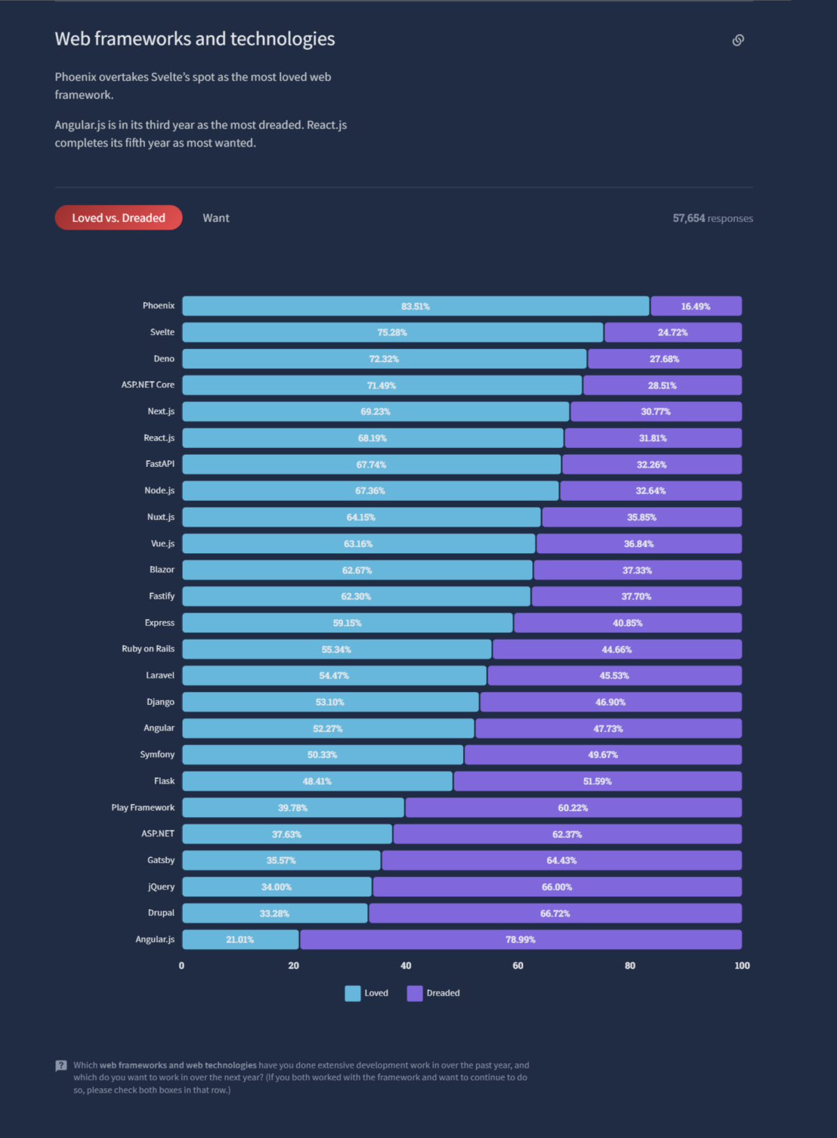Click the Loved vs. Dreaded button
[x=119, y=218]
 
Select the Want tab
[x=216, y=218]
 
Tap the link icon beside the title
[x=738, y=40]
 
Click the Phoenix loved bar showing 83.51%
[x=416, y=306]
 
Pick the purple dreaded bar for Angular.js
[x=520, y=940]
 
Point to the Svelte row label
[x=163, y=332]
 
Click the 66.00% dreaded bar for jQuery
[x=557, y=887]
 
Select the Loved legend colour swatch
[x=353, y=993]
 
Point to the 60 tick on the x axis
[x=518, y=966]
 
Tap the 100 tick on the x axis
[x=741, y=966]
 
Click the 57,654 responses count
[x=712, y=218]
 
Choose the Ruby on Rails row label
[x=148, y=649]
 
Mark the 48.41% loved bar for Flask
[x=317, y=781]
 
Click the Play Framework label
[x=143, y=807]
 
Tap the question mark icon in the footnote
[x=61, y=1065]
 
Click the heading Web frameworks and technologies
[x=195, y=39]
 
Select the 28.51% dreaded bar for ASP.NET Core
[x=662, y=385]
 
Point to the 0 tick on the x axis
[x=181, y=966]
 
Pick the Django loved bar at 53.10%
[x=330, y=702]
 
